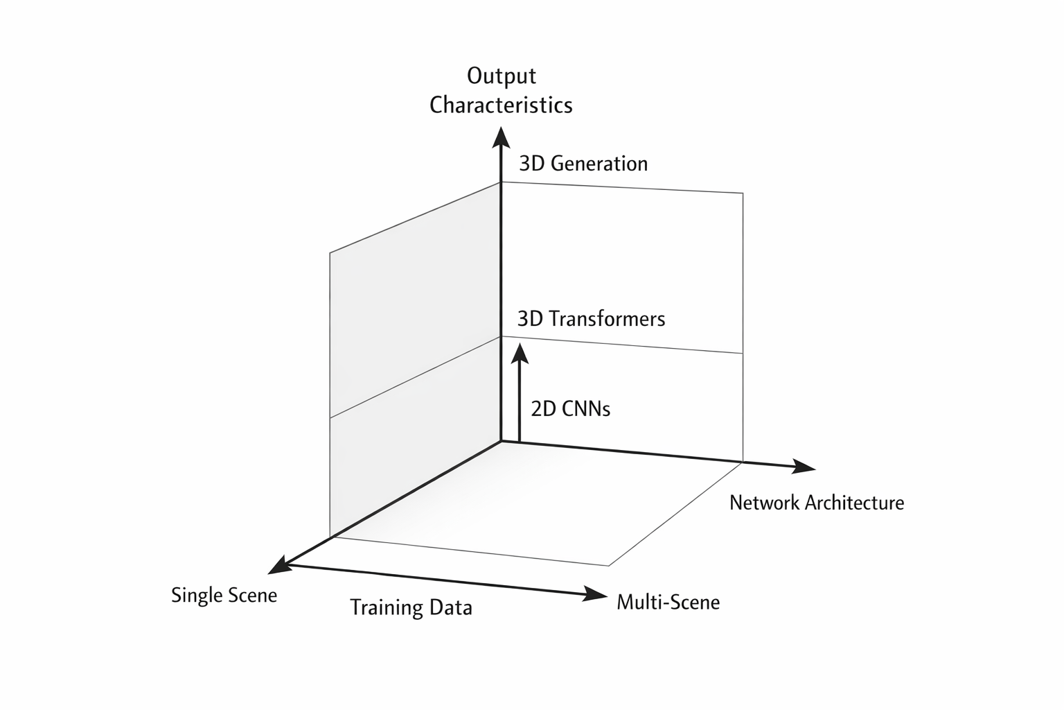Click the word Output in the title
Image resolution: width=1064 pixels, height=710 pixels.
(x=502, y=76)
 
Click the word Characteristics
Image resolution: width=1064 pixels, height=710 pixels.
(x=501, y=105)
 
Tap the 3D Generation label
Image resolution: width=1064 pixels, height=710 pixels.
(x=583, y=164)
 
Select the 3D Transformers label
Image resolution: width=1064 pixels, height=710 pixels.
(x=591, y=319)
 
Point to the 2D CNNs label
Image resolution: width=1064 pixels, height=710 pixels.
(x=570, y=409)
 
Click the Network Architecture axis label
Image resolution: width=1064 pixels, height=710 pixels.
(x=817, y=503)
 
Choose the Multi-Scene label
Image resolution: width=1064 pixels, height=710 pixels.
(x=668, y=602)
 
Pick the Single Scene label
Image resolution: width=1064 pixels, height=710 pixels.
(x=224, y=595)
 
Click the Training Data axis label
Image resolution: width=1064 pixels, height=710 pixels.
(x=411, y=607)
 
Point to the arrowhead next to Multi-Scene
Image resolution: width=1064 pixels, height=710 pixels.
(x=595, y=594)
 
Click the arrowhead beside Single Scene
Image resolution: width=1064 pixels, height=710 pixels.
(x=279, y=565)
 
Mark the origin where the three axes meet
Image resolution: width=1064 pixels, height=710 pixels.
(x=500, y=441)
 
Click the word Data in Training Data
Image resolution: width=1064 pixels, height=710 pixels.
(x=450, y=607)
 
